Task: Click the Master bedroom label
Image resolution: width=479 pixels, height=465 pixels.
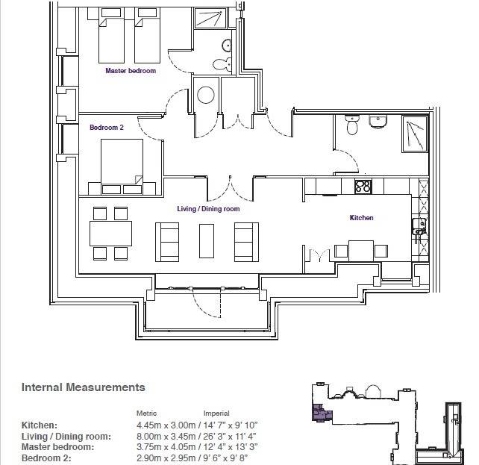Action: click(x=131, y=71)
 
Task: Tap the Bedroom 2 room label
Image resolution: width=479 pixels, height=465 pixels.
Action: click(x=107, y=127)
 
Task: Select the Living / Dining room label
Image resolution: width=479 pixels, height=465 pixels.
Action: click(x=208, y=209)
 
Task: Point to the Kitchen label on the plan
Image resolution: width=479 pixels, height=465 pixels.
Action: click(x=361, y=217)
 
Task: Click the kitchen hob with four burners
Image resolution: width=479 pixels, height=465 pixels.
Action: click(x=363, y=187)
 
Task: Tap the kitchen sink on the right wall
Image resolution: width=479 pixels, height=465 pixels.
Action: click(x=419, y=226)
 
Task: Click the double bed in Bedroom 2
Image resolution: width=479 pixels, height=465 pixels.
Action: click(x=122, y=166)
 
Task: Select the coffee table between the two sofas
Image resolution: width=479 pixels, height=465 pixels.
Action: click(x=207, y=241)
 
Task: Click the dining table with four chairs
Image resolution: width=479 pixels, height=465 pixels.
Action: click(x=110, y=234)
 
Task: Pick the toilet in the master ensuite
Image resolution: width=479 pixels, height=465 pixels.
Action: click(x=222, y=64)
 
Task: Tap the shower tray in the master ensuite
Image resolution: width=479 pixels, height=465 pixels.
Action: click(x=210, y=18)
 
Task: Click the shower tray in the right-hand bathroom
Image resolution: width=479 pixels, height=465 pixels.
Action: click(x=415, y=134)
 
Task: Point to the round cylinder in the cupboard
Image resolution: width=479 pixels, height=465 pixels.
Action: click(x=206, y=95)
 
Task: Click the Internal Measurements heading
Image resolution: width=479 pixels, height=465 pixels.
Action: click(x=83, y=387)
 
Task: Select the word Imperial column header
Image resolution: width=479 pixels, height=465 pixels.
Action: click(x=216, y=413)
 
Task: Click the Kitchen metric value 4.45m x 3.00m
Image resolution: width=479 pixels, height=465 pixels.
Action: click(x=166, y=425)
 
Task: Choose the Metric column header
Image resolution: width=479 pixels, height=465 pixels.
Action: click(x=146, y=413)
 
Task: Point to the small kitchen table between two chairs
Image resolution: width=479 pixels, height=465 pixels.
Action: click(x=361, y=251)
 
